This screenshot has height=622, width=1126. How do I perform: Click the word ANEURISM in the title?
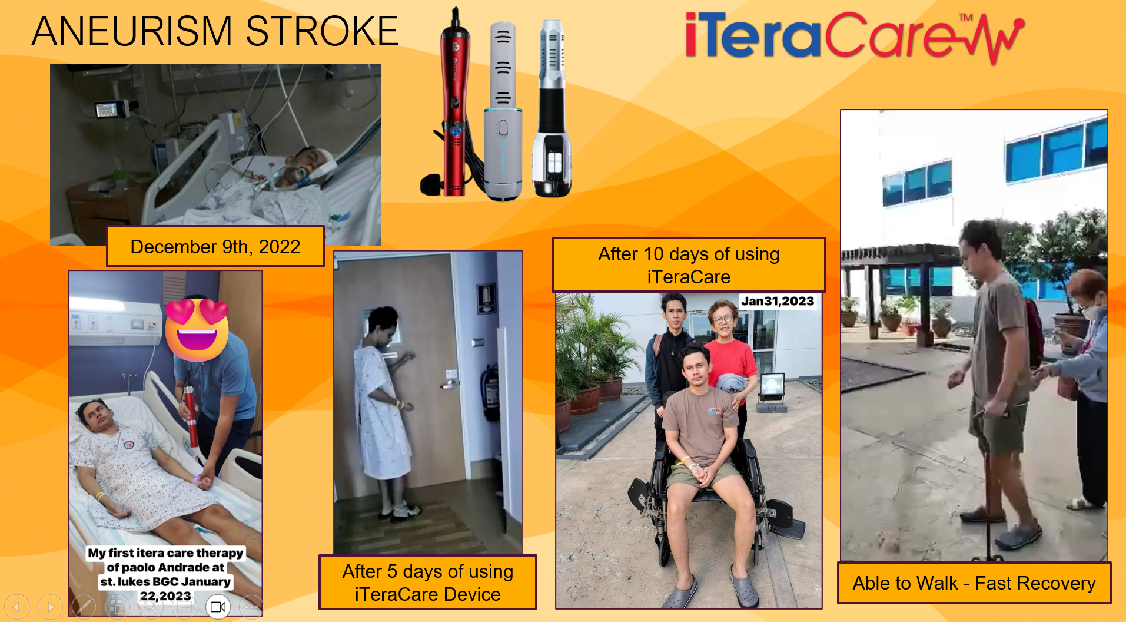pyautogui.click(x=132, y=31)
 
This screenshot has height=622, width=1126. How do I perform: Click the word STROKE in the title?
pyautogui.click(x=322, y=31)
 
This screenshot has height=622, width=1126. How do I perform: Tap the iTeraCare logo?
pyautogui.click(x=855, y=37)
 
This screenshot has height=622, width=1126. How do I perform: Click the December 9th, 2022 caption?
pyautogui.click(x=215, y=247)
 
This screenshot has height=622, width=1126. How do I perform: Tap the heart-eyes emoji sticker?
pyautogui.click(x=197, y=329)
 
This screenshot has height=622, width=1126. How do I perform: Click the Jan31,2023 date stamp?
pyautogui.click(x=778, y=301)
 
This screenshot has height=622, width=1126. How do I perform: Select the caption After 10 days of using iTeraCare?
pyautogui.click(x=689, y=265)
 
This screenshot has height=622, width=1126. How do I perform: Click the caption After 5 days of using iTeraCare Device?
pyautogui.click(x=428, y=583)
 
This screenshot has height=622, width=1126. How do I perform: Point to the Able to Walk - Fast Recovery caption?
pyautogui.click(x=974, y=583)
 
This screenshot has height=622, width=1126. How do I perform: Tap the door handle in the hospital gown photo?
pyautogui.click(x=449, y=385)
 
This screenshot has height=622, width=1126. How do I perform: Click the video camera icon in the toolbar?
pyautogui.click(x=218, y=607)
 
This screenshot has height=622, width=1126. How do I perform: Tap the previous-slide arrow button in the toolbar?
pyautogui.click(x=17, y=607)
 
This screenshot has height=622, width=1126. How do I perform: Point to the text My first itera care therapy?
pyautogui.click(x=165, y=553)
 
